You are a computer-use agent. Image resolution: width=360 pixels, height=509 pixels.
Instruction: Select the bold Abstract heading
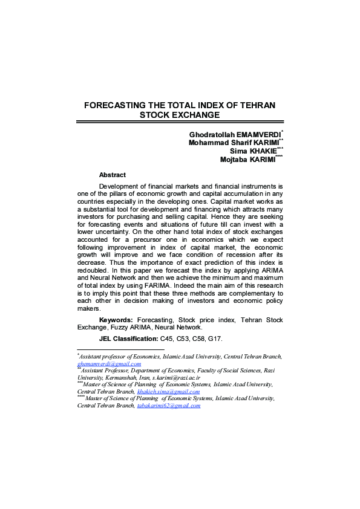click(x=113, y=175)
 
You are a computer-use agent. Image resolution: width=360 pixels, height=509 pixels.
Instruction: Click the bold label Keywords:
click(x=116, y=319)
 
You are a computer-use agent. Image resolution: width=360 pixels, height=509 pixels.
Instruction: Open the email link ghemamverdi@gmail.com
click(x=109, y=364)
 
